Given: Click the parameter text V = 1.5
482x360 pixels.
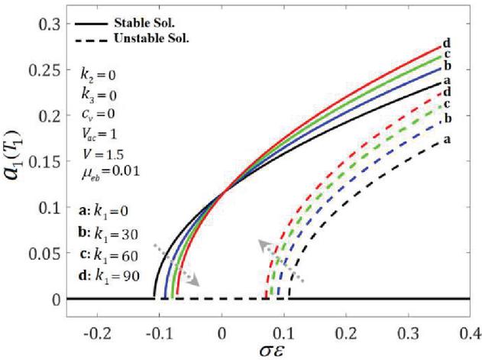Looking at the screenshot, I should point(107,141).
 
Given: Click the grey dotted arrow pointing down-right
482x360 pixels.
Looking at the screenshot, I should point(177,264).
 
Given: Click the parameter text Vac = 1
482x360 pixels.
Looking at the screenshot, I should point(105,123).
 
